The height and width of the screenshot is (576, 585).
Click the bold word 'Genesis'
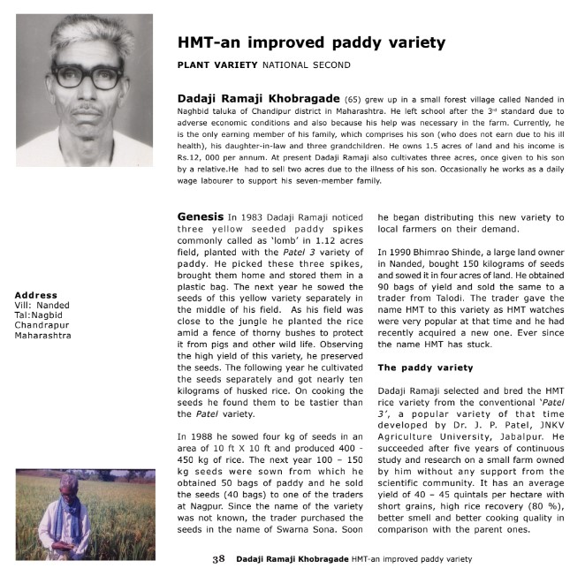pyautogui.click(x=200, y=216)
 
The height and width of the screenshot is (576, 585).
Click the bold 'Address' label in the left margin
pyautogui.click(x=36, y=295)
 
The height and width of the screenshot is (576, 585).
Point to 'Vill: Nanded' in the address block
pyautogui.click(x=42, y=305)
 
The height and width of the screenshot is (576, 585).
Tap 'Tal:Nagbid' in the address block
pyautogui.click(x=40, y=315)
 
